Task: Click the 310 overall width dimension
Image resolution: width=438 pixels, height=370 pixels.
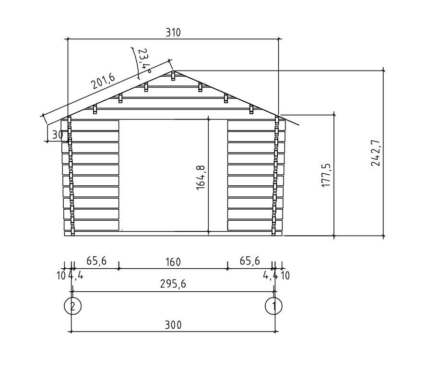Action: click(173, 33)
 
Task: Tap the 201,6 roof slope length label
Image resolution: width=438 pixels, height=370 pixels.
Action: click(103, 81)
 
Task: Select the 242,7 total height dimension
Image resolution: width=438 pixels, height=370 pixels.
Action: click(376, 153)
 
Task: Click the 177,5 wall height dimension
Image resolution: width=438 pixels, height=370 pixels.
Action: click(326, 175)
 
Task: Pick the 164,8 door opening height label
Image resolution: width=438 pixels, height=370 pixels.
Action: click(201, 178)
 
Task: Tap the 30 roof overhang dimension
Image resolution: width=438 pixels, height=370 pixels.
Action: click(58, 135)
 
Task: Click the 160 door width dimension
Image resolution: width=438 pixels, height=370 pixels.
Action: click(173, 262)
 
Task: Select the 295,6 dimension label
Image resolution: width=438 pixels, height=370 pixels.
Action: click(173, 284)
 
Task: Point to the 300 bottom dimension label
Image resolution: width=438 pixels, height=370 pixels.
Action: click(173, 325)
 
